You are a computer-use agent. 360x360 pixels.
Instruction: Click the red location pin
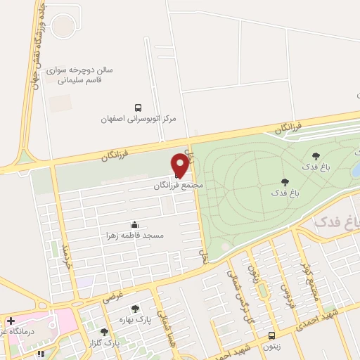tap(181, 165)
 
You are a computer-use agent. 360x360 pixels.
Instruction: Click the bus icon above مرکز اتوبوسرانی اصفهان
tap(139, 108)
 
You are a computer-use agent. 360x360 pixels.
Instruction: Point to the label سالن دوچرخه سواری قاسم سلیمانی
tap(83, 75)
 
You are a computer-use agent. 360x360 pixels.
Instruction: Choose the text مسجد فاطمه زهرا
tap(134, 236)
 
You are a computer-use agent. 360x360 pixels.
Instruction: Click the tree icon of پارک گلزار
tap(104, 332)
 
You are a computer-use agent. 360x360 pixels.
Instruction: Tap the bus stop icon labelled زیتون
tap(272, 335)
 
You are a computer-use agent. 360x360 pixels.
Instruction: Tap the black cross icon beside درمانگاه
tap(10, 321)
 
